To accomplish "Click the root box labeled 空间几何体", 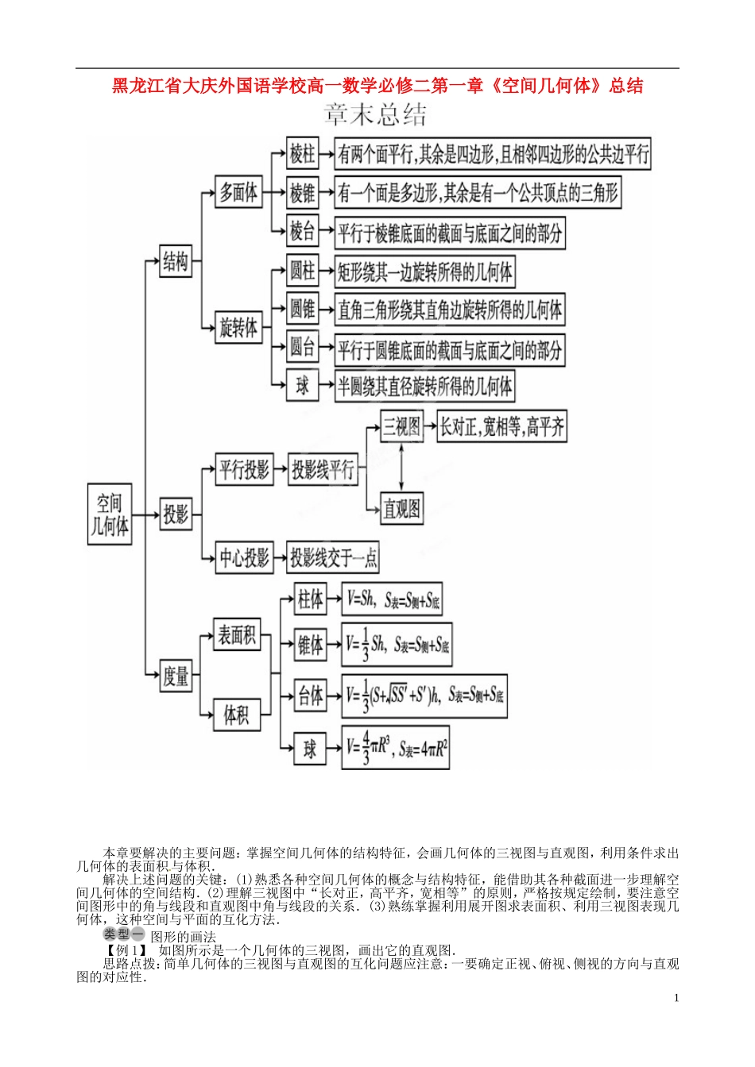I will click(x=110, y=514).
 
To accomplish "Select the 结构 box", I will click(x=176, y=260).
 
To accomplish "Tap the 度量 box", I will click(x=176, y=676).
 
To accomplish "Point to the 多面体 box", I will click(x=238, y=192).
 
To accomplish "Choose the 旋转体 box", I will click(x=238, y=327).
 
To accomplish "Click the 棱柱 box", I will click(x=302, y=153).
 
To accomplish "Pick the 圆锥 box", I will click(x=302, y=309).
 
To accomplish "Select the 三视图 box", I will click(x=401, y=427).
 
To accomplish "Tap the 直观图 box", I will click(x=401, y=508).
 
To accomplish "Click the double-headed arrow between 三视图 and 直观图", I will click(x=401, y=468).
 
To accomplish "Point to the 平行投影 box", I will click(x=244, y=470).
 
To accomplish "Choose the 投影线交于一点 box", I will click(x=333, y=557).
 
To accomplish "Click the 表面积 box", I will click(x=237, y=635).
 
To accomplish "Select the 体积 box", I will click(x=237, y=715).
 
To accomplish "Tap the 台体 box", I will click(x=310, y=696).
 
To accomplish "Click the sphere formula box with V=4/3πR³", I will click(x=396, y=747).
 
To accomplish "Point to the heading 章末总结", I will click(x=375, y=115).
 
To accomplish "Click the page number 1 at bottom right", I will click(x=676, y=998).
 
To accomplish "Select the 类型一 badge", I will click(x=123, y=935).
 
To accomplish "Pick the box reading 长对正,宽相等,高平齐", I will click(x=501, y=427).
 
